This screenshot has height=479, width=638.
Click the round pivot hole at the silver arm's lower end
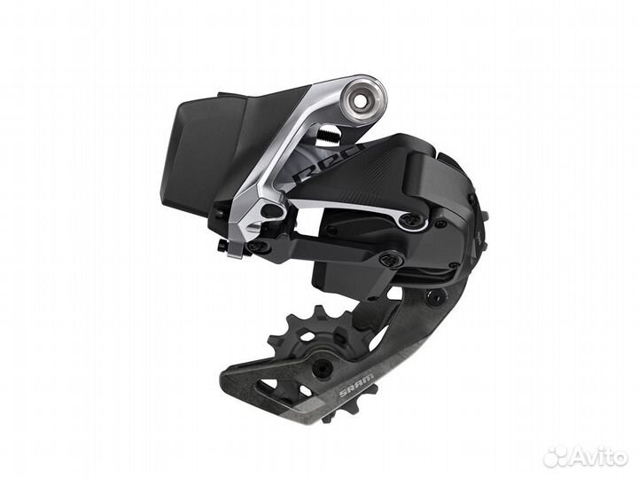click(271, 211)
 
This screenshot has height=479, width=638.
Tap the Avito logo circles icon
click(556, 456)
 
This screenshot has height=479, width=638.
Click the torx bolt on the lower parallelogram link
click(391, 259)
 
